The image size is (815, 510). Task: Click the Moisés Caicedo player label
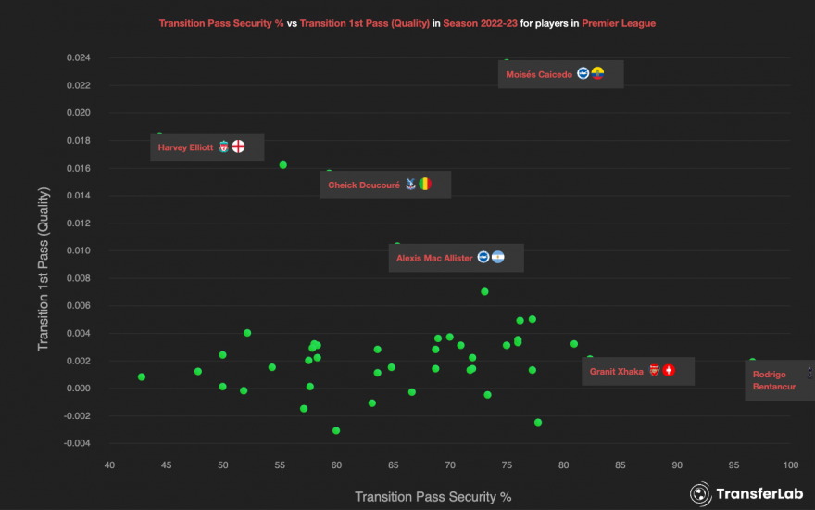tap(539, 74)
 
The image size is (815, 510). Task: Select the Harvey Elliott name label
tap(185, 147)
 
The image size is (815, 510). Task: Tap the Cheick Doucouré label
tap(364, 185)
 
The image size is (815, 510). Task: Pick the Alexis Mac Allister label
tap(434, 258)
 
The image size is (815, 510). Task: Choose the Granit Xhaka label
tap(617, 371)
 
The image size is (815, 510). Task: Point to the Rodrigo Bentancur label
tap(773, 380)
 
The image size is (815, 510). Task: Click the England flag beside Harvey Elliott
tap(238, 147)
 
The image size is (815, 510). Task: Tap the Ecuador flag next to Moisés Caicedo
tap(597, 73)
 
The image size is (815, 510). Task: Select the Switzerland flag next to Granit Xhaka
tap(669, 370)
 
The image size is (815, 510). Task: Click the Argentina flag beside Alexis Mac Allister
tap(497, 257)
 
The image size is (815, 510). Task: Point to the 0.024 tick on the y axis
tap(78, 57)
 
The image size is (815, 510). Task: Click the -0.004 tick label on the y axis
tap(76, 443)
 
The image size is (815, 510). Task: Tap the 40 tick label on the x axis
tap(109, 465)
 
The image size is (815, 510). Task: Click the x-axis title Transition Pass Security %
tap(433, 496)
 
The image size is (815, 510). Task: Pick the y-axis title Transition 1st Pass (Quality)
tap(43, 270)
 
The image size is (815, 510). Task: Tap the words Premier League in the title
tap(619, 23)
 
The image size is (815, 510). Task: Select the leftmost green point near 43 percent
tap(142, 376)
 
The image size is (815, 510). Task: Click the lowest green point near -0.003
tap(336, 430)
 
